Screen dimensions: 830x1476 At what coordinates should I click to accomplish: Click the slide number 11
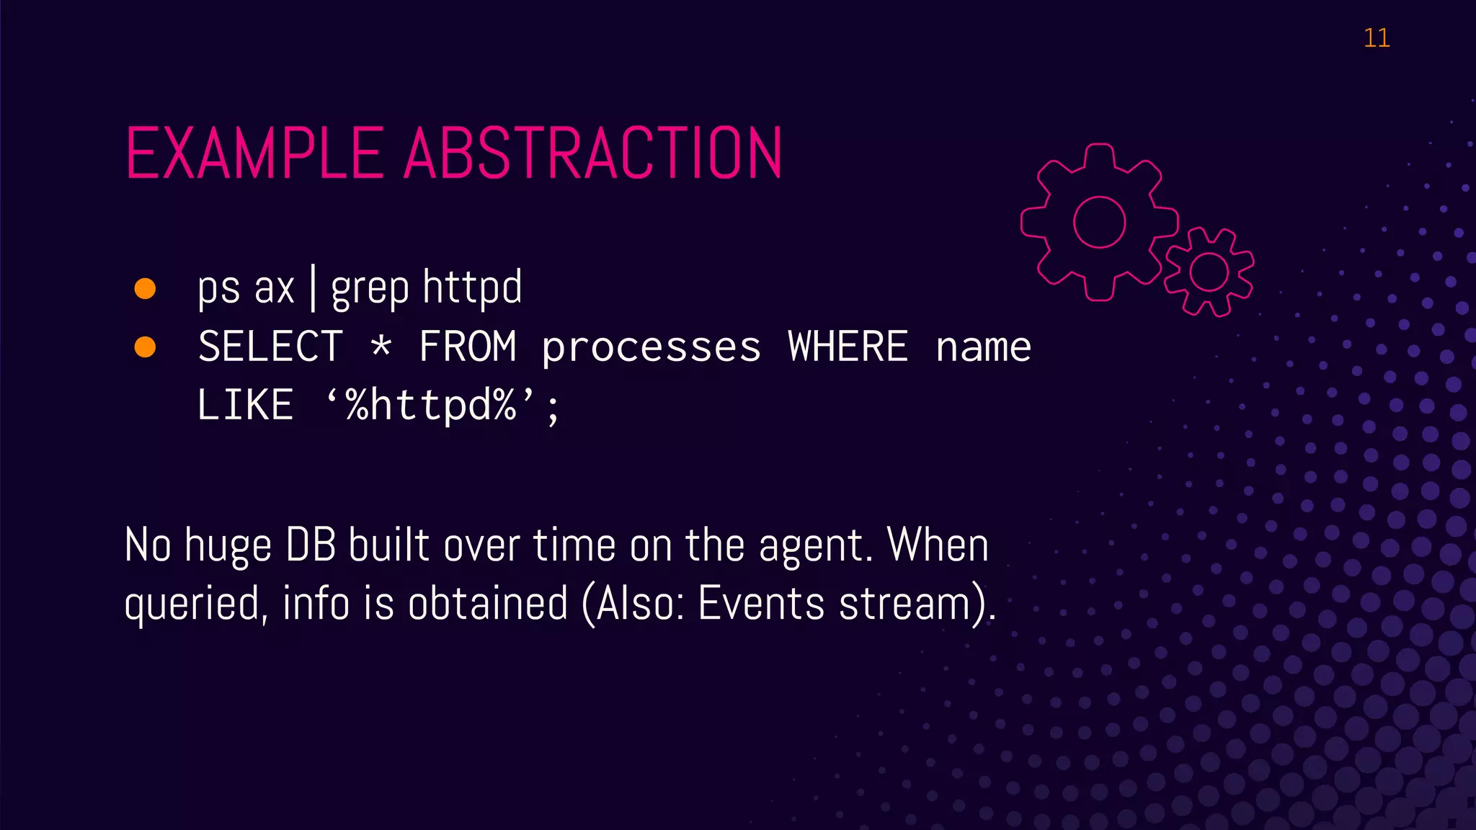pyautogui.click(x=1376, y=38)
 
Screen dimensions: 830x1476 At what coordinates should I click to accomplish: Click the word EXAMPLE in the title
pyautogui.click(x=254, y=153)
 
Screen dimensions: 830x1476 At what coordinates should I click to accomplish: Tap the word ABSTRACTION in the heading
pyautogui.click(x=592, y=153)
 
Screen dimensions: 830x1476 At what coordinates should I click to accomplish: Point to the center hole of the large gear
pyautogui.click(x=1099, y=222)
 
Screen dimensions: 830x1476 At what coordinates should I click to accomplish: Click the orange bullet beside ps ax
pyautogui.click(x=145, y=288)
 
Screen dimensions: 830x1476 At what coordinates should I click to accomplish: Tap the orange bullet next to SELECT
pyautogui.click(x=145, y=347)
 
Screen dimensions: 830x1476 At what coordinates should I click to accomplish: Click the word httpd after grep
pyautogui.click(x=472, y=287)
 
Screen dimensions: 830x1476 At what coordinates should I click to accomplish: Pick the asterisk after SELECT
pyautogui.click(x=381, y=346)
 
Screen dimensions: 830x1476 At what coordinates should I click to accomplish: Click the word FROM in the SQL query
pyautogui.click(x=468, y=347)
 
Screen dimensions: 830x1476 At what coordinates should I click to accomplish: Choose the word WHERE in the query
pyautogui.click(x=848, y=347)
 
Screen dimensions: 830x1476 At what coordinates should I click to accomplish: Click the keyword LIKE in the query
pyautogui.click(x=245, y=405)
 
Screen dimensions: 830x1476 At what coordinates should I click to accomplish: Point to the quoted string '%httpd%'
pyautogui.click(x=431, y=405)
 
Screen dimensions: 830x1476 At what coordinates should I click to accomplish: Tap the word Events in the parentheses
pyautogui.click(x=761, y=604)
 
